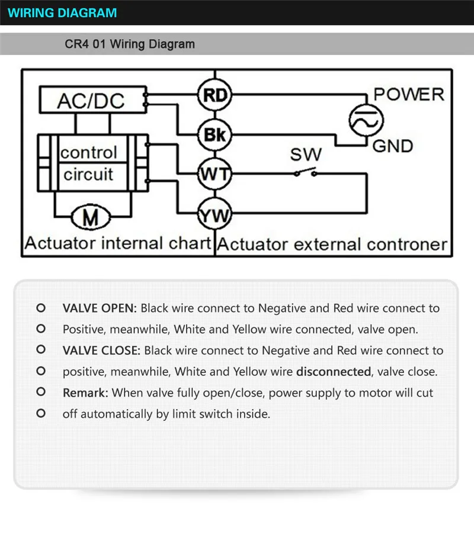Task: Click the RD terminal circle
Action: click(x=215, y=95)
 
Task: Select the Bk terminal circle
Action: click(x=215, y=134)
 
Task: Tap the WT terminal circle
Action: click(x=215, y=174)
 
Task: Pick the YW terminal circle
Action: click(x=215, y=214)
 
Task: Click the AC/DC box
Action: click(x=91, y=100)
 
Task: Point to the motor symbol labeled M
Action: click(x=91, y=218)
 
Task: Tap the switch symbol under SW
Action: click(x=305, y=173)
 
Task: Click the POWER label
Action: click(x=408, y=94)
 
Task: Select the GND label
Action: click(x=393, y=146)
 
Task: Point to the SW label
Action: click(x=305, y=155)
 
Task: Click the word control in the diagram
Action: click(x=89, y=153)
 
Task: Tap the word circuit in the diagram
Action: click(x=88, y=175)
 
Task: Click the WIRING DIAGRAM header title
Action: click(x=63, y=12)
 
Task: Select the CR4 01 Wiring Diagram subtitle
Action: click(x=129, y=44)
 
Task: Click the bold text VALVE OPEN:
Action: click(x=100, y=308)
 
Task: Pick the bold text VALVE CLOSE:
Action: click(x=101, y=350)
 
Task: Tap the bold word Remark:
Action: click(x=85, y=393)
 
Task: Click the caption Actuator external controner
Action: click(x=332, y=245)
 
